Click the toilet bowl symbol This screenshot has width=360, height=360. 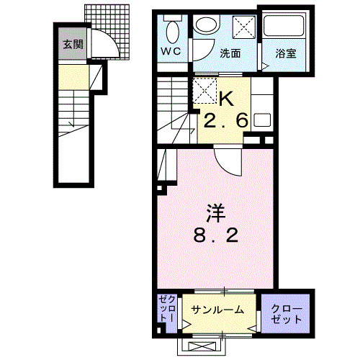pyautogui.click(x=171, y=32)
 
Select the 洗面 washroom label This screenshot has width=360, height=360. pyautogui.click(x=230, y=53)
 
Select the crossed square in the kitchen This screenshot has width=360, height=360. pyautogui.click(x=204, y=91)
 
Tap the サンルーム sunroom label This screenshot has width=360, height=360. pyautogui.click(x=218, y=310)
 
